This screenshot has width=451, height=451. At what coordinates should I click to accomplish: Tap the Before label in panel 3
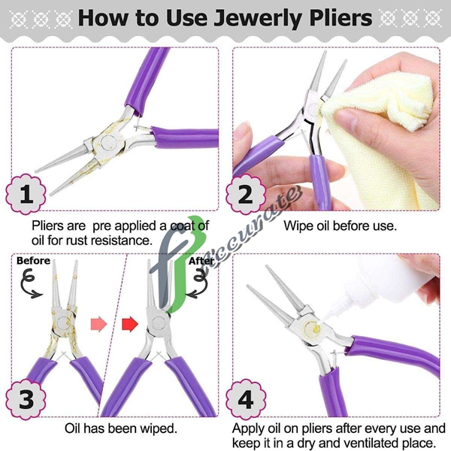coord(34,261)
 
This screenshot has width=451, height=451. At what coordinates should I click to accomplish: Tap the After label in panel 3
coord(201,261)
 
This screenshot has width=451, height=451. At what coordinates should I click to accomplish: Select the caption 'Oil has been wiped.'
coord(120,429)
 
